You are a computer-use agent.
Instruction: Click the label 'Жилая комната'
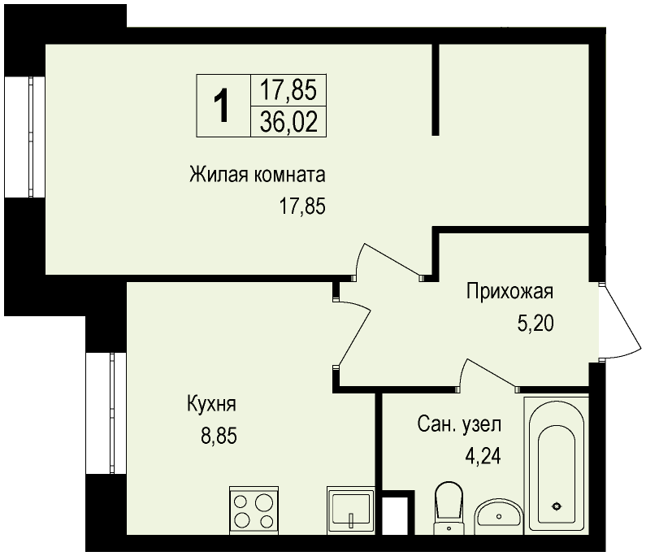click(x=258, y=175)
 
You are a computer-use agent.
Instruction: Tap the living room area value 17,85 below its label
click(x=303, y=206)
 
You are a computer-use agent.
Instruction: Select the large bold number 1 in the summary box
click(x=223, y=106)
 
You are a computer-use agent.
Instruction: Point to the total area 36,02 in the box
click(x=288, y=123)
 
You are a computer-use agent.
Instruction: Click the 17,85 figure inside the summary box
click(x=288, y=90)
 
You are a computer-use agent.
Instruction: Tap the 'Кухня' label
click(x=212, y=403)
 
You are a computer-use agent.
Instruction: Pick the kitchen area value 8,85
click(x=219, y=436)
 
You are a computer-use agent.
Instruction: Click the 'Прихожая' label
click(x=509, y=292)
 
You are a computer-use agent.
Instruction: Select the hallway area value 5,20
click(x=535, y=324)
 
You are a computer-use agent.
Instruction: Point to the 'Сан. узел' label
click(x=459, y=424)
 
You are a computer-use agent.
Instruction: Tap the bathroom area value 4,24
click(x=483, y=456)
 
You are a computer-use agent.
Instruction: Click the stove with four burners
click(x=254, y=510)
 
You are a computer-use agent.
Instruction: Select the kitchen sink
click(x=350, y=510)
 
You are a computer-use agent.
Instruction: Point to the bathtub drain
click(x=557, y=506)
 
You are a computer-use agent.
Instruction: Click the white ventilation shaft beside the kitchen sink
click(x=395, y=515)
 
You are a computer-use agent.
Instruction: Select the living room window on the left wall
click(x=24, y=137)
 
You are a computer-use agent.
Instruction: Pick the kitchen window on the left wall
click(x=106, y=414)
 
